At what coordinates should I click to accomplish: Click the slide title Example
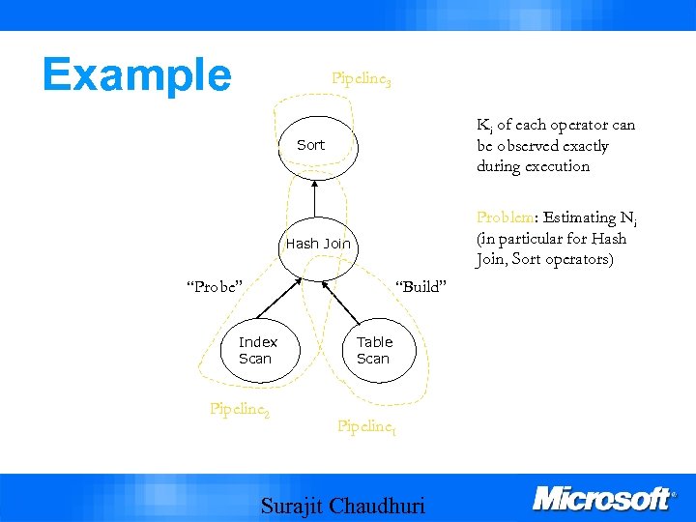click(136, 74)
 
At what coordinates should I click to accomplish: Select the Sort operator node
click(311, 146)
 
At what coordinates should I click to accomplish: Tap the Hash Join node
click(318, 244)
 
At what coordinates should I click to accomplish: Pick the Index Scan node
click(257, 350)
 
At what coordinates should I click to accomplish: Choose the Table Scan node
click(374, 350)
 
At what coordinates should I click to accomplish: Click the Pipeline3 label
click(361, 78)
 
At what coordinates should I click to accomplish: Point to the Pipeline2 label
click(239, 409)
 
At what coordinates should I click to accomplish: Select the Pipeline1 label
click(366, 426)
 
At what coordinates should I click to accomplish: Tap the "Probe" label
click(214, 285)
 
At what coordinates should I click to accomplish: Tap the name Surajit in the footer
click(293, 506)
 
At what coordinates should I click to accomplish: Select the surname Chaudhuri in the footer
click(377, 506)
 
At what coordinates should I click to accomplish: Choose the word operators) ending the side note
click(582, 259)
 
